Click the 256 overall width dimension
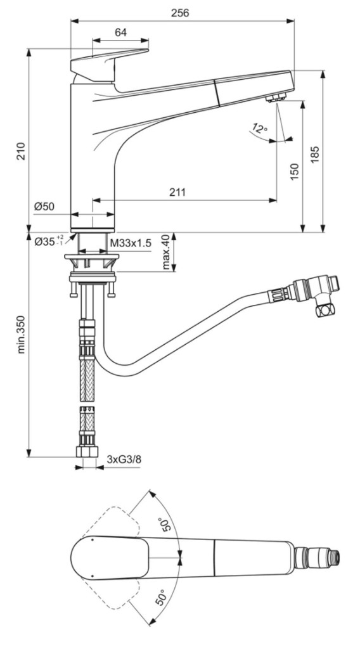[180, 13]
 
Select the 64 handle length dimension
[120, 33]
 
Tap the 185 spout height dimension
[315, 155]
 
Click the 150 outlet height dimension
[294, 172]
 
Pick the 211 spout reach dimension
[177, 193]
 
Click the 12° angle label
[259, 128]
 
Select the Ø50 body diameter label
[44, 207]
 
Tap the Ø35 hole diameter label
[49, 241]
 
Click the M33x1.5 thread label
[131, 243]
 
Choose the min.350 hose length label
[21, 335]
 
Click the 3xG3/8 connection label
[121, 459]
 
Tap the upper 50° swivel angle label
[166, 524]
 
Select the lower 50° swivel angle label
[161, 597]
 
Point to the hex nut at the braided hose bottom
[87, 451]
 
